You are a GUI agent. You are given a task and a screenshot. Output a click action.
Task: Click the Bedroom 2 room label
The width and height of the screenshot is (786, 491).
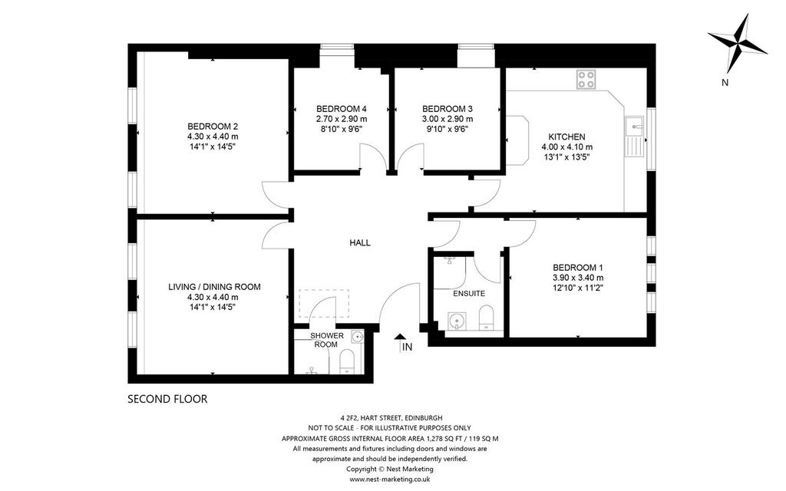(x=213, y=127)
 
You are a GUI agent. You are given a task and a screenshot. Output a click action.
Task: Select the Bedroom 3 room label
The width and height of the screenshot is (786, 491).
(x=447, y=109)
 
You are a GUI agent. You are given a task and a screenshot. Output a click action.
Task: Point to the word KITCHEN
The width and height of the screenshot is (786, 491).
(x=566, y=137)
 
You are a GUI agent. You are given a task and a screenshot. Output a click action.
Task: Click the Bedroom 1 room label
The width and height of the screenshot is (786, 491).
(x=578, y=268)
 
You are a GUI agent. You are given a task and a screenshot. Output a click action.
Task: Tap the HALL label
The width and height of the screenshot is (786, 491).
(x=360, y=243)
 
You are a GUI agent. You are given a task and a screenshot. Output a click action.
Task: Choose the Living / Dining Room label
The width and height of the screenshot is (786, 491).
(x=214, y=287)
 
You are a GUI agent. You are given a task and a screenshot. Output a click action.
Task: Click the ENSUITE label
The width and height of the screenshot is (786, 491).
(x=469, y=294)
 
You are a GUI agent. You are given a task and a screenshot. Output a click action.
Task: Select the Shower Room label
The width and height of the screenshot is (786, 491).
(x=327, y=340)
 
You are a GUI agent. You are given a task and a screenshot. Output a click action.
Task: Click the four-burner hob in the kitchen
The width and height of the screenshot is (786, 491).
(x=586, y=79)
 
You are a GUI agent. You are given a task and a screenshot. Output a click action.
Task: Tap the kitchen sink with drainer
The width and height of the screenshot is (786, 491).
(x=634, y=137)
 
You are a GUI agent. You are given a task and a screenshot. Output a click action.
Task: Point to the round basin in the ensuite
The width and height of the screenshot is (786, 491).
(x=456, y=321)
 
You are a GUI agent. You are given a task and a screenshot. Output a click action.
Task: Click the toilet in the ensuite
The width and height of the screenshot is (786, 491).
(x=487, y=318)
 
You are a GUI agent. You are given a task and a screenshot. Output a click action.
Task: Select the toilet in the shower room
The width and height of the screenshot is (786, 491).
(x=347, y=362)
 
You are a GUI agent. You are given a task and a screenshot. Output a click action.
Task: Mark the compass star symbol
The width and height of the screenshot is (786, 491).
(x=738, y=44)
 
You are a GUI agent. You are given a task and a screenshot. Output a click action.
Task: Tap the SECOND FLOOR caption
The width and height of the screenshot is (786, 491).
(x=167, y=399)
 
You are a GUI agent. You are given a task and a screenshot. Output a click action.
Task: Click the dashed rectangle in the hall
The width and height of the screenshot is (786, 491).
(x=324, y=303)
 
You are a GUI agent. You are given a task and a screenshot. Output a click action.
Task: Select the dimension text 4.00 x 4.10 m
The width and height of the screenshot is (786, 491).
(x=567, y=147)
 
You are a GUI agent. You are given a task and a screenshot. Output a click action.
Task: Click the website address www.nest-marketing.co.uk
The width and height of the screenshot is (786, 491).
(x=389, y=479)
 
